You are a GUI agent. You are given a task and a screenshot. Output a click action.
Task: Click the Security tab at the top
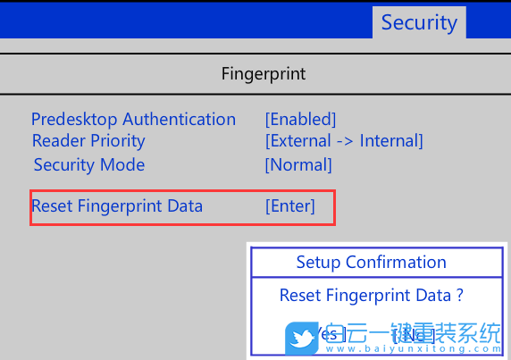coord(418,22)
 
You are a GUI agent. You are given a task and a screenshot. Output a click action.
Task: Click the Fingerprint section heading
coord(264,73)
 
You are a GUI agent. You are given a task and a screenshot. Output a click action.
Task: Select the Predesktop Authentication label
coord(133,119)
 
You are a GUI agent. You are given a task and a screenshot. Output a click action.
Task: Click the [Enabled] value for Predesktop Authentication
coord(300,119)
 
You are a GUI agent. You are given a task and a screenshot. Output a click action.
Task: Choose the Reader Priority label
coord(88,140)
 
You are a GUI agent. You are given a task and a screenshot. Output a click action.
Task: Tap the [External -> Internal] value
coord(344,140)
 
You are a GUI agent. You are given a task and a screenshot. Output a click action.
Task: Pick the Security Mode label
coord(88,164)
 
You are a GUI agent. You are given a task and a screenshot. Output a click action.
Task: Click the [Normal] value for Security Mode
coord(298,164)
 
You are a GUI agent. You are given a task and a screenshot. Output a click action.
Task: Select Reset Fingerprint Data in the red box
coord(117,206)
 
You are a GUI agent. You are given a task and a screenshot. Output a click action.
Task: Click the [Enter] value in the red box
coord(290,206)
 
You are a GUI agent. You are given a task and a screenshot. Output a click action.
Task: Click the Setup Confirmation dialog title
coord(371,262)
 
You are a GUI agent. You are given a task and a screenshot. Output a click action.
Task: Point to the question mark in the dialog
coord(459,295)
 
